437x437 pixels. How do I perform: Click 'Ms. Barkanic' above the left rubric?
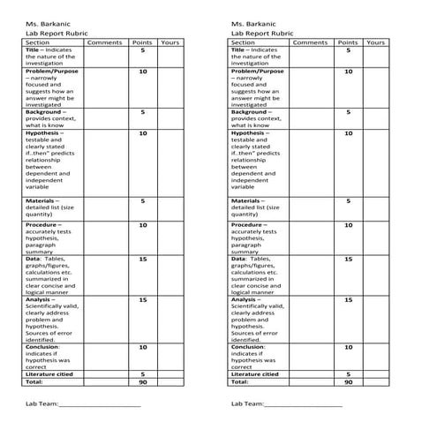pos(45,24)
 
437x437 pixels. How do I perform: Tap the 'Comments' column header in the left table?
pos(105,42)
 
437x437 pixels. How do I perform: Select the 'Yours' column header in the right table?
pos(375,42)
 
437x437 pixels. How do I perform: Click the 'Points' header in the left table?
pos(141,42)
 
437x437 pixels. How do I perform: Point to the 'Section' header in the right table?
pos(244,42)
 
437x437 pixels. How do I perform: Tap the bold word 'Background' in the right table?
pos(251,112)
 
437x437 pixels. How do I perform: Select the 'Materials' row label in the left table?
pos(41,201)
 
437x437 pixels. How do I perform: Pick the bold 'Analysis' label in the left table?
pos(41,299)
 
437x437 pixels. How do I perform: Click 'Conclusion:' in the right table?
pos(249,347)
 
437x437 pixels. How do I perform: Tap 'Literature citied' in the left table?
pos(53,374)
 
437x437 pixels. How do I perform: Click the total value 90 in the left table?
pos(142,382)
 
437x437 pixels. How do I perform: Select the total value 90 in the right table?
pos(348,382)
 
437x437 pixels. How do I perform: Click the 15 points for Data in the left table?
pos(142,260)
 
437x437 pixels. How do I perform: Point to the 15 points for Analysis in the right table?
pos(348,300)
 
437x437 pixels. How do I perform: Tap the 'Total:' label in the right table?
pos(240,382)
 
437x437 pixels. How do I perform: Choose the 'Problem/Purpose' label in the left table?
pos(53,71)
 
